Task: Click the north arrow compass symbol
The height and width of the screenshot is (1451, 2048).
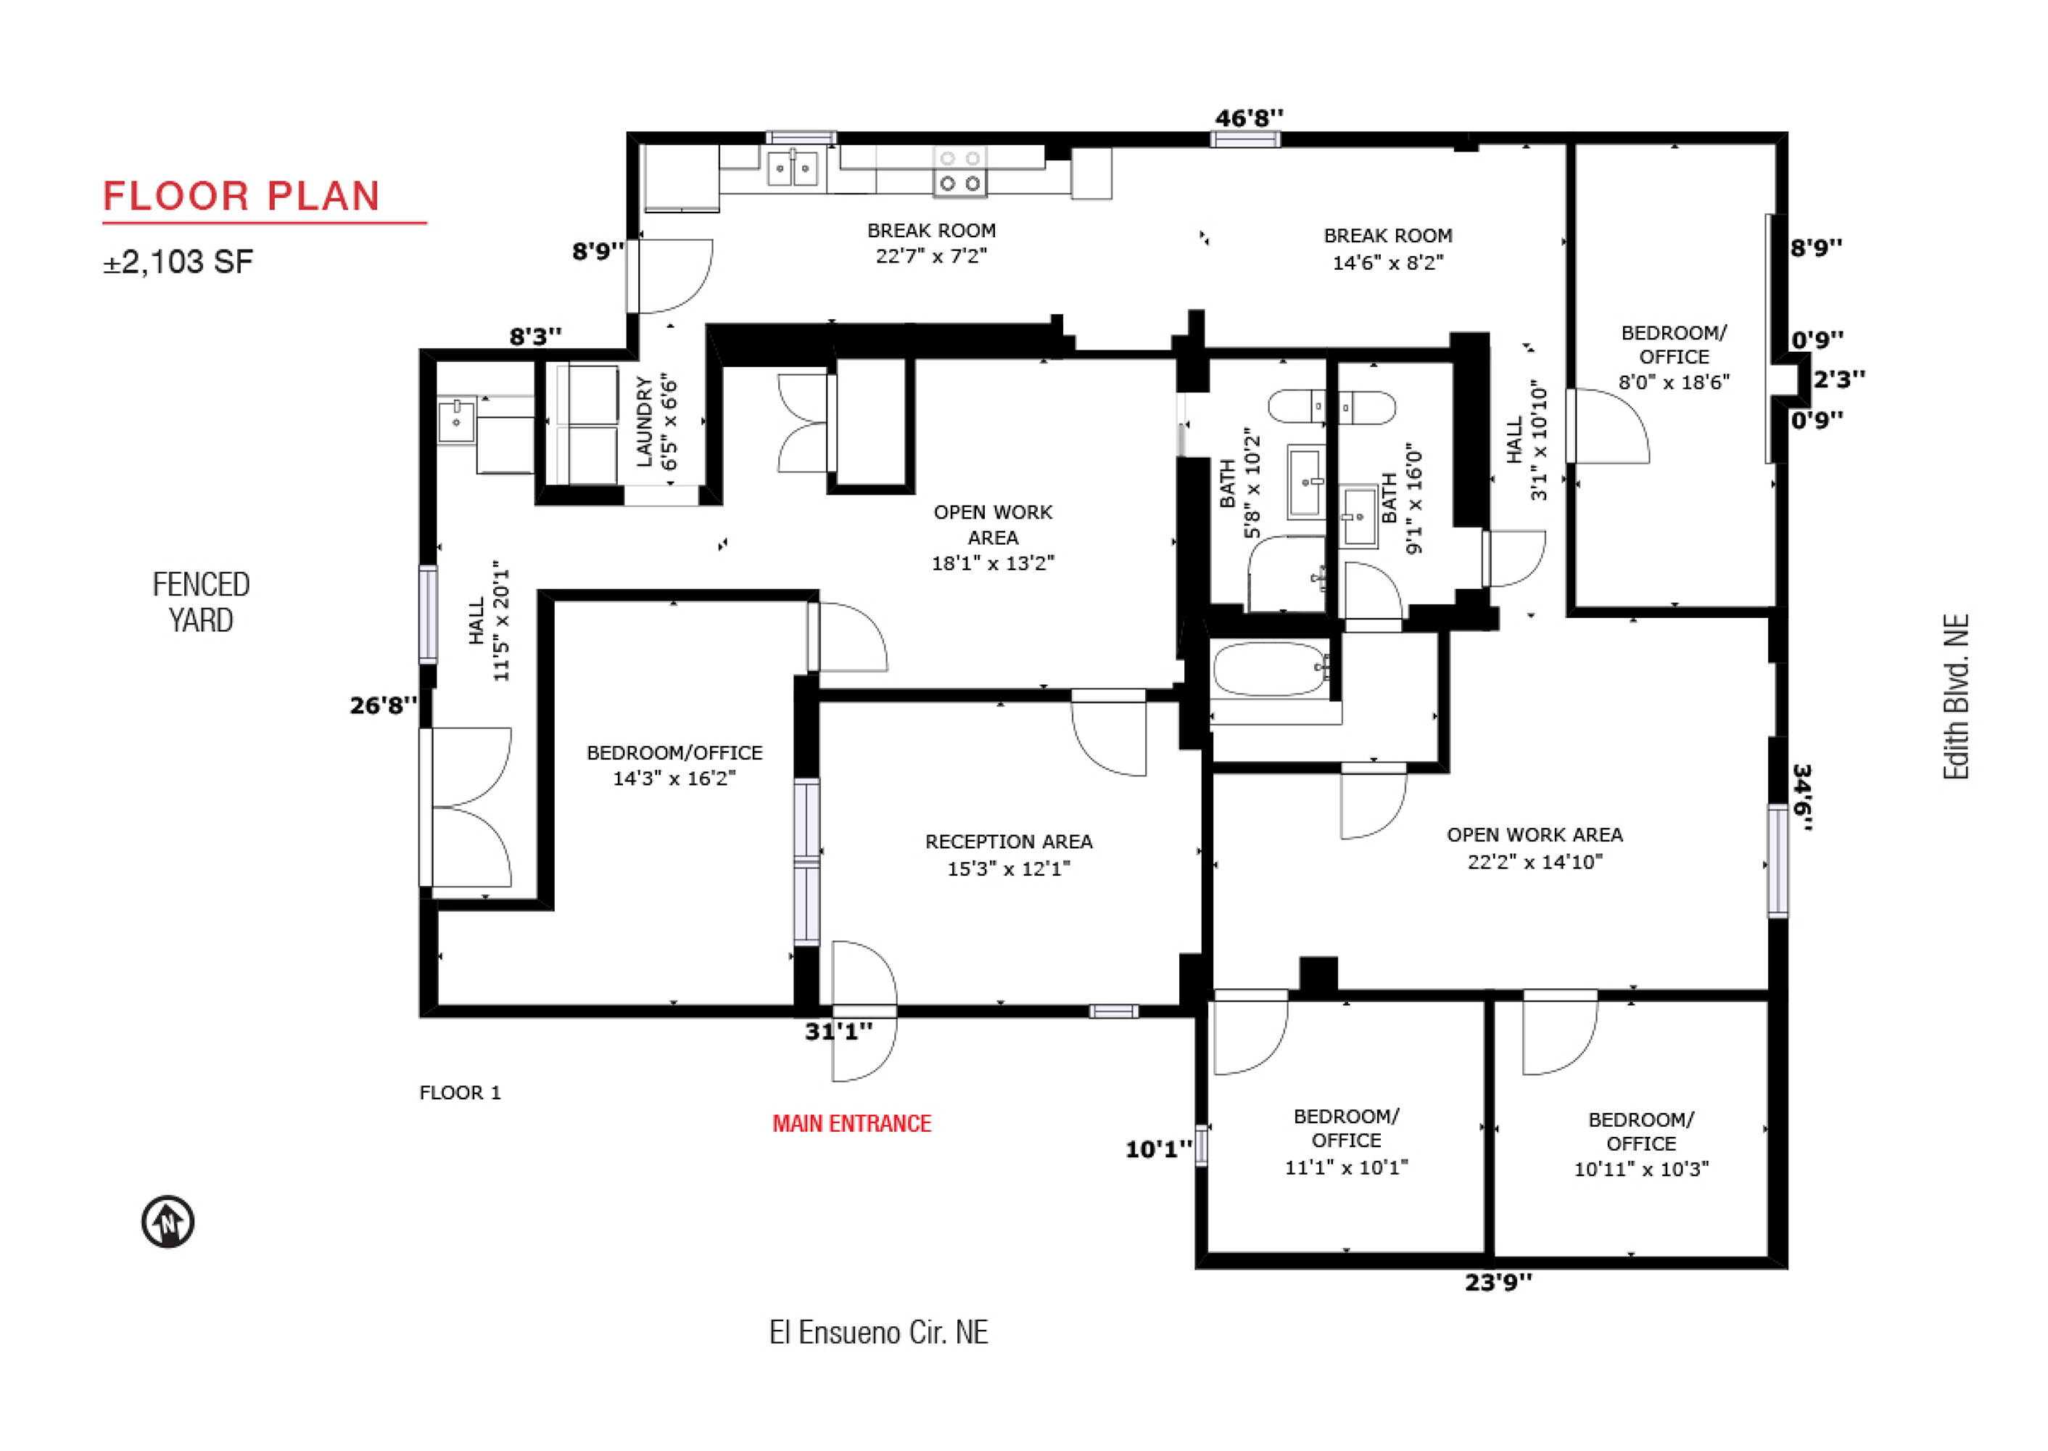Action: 168,1221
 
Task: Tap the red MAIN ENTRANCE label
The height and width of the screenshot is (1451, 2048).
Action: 851,1124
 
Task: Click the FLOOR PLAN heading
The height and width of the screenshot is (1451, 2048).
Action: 242,197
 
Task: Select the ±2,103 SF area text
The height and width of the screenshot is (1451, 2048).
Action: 178,262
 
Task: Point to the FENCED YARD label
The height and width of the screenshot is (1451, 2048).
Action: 201,602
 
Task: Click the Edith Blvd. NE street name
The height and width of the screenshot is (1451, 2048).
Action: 1956,697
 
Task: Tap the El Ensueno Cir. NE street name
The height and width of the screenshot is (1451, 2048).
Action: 879,1333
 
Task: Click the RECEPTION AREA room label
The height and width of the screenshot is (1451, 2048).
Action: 1008,842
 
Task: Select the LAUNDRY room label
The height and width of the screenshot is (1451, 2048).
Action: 643,422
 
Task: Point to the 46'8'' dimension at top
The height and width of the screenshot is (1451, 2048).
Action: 1249,117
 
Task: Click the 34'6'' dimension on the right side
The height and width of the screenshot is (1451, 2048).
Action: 1802,797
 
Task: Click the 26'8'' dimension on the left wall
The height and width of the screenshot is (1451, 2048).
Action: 383,706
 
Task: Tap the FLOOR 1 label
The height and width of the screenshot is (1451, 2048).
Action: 460,1093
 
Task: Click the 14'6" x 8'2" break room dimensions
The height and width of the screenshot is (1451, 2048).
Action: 1388,263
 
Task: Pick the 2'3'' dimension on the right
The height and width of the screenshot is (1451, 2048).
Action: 1839,379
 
